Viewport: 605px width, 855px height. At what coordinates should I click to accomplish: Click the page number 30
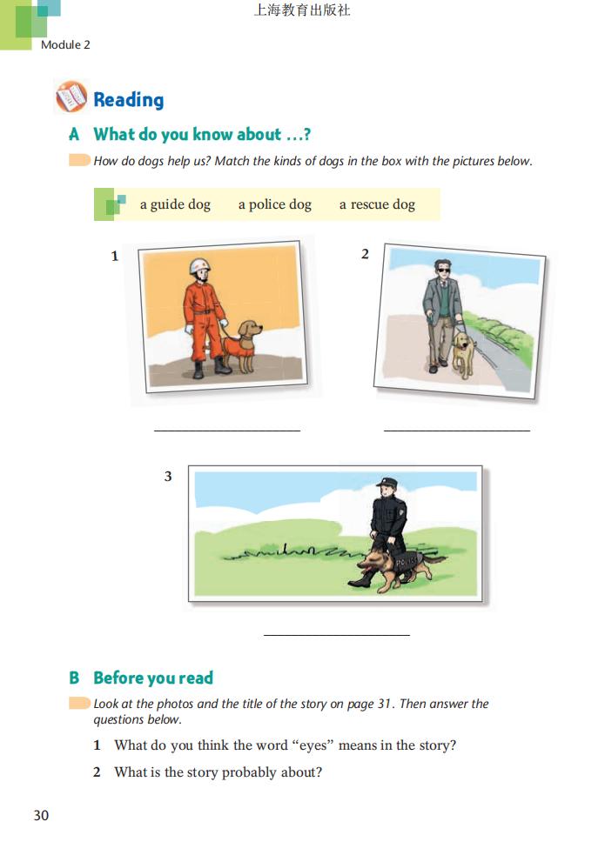coord(42,815)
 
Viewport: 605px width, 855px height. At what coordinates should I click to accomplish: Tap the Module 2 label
coord(65,44)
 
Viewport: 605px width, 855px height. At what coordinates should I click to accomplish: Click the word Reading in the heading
coord(129,100)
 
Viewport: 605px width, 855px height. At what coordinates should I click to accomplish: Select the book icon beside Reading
coord(71,97)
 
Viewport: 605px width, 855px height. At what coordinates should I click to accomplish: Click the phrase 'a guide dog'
coord(175,204)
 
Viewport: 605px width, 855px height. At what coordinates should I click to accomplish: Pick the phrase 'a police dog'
coord(275,204)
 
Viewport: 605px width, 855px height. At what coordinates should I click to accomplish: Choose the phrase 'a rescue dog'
coord(377,204)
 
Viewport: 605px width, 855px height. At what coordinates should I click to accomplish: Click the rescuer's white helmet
coord(199,267)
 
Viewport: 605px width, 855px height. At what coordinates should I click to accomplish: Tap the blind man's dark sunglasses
coord(442,270)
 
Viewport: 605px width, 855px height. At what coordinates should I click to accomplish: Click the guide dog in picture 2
coord(463,355)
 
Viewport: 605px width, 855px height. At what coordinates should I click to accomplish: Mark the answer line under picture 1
coord(227,431)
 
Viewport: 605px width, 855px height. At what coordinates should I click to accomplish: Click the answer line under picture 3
coord(337,635)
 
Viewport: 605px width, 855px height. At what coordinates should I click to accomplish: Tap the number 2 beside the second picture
coord(365,254)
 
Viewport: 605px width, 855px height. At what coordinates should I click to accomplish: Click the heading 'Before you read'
coord(153,678)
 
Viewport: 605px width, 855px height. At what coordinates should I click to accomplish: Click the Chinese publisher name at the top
coord(302,10)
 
